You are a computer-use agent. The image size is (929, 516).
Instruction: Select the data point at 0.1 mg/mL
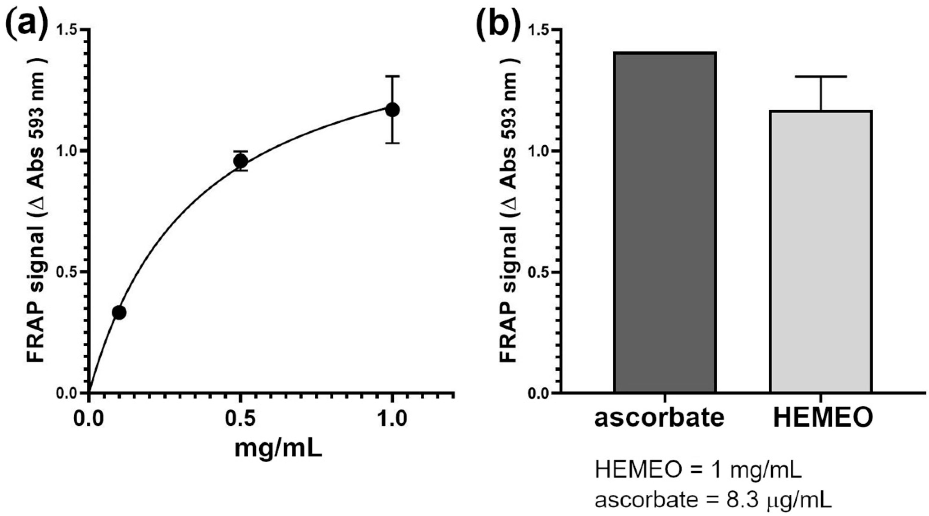pyautogui.click(x=119, y=312)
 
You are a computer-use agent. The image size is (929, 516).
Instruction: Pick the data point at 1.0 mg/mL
pyautogui.click(x=392, y=110)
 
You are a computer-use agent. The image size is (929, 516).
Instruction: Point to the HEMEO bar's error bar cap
pyautogui.click(x=821, y=76)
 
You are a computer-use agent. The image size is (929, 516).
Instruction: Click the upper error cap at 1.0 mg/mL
pyautogui.click(x=392, y=76)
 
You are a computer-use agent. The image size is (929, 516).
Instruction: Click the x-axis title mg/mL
pyautogui.click(x=278, y=448)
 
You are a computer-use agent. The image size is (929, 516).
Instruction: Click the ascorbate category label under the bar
pyautogui.click(x=659, y=418)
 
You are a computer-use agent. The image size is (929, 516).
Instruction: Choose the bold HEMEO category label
pyautogui.click(x=823, y=418)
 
